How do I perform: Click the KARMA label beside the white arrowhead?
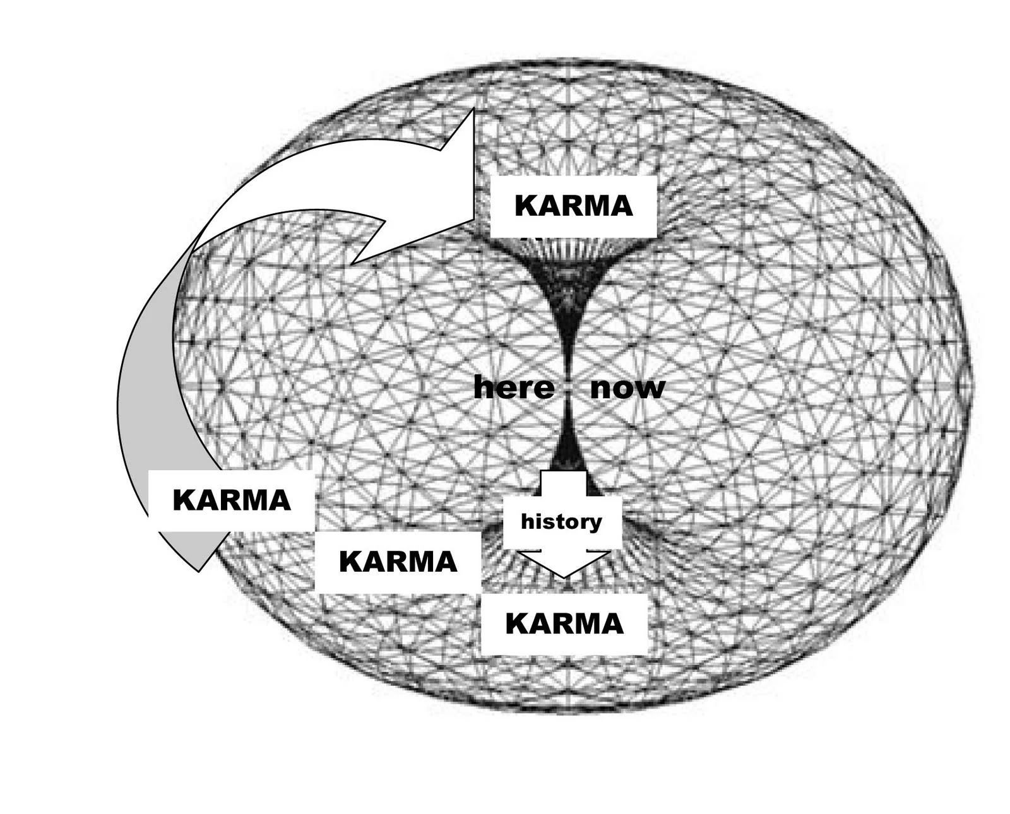tap(573, 206)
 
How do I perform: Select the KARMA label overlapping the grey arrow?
tap(231, 500)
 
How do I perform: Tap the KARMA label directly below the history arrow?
tap(564, 624)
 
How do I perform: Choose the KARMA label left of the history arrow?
tap(398, 562)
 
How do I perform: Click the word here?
tap(513, 387)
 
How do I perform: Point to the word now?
tap(627, 387)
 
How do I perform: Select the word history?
tap(561, 522)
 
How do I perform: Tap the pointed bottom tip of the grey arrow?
tap(199, 570)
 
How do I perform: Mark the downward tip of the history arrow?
tap(564, 575)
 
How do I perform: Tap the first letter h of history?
tap(526, 521)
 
